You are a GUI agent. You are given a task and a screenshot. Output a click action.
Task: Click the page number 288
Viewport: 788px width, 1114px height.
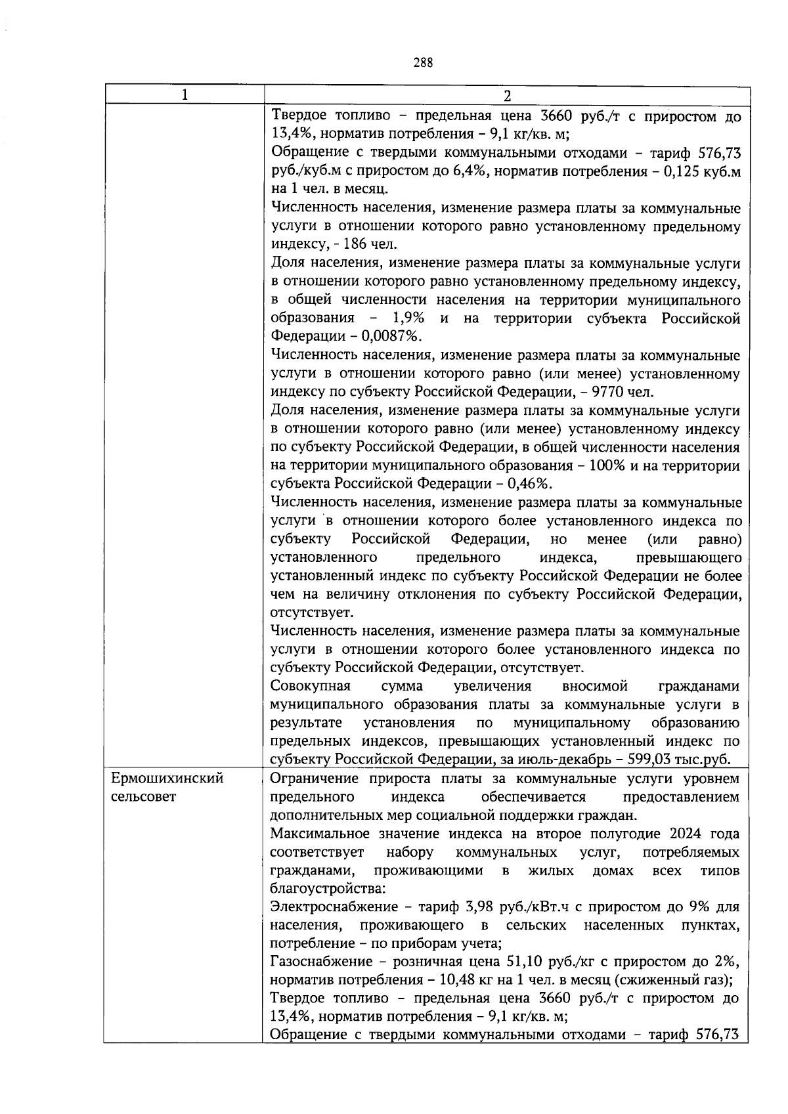(423, 62)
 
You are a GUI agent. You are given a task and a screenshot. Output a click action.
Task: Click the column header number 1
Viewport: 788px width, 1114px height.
(185, 95)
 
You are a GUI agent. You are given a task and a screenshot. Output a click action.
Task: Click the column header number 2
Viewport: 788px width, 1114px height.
(506, 96)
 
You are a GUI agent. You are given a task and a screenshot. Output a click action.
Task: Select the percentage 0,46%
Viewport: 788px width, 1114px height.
(529, 484)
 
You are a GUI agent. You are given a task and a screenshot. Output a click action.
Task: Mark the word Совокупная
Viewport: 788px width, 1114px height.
(311, 687)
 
